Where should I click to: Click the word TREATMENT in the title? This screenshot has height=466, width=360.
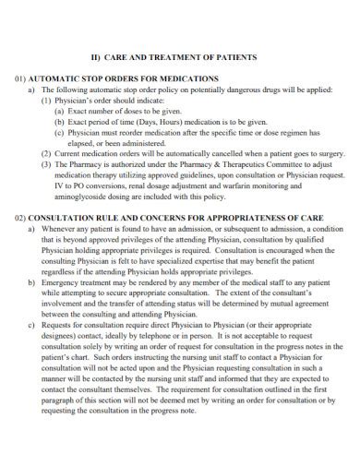pyautogui.click(x=186, y=57)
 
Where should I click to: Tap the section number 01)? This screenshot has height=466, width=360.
pyautogui.click(x=22, y=80)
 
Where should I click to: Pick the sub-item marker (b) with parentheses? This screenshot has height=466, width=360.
pyautogui.click(x=60, y=122)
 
